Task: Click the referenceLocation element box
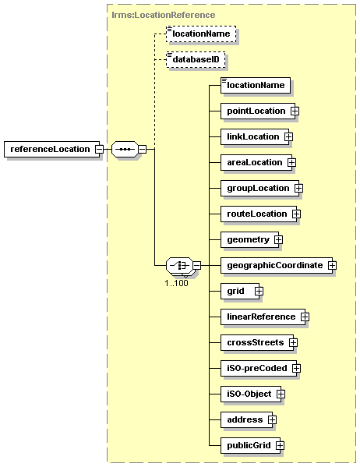(x=51, y=149)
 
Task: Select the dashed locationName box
(x=201, y=34)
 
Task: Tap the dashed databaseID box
(x=196, y=59)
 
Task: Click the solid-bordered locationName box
(x=256, y=86)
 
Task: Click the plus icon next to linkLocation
(x=288, y=136)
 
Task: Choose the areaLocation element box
(x=256, y=163)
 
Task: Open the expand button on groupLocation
(x=298, y=188)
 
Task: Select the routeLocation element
(x=259, y=214)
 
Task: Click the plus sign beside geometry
(x=278, y=240)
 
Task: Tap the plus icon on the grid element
(x=259, y=291)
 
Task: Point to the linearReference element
(x=263, y=317)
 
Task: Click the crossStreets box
(x=257, y=342)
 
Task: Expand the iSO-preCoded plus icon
(x=296, y=369)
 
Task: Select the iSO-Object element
(x=251, y=394)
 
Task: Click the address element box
(x=246, y=420)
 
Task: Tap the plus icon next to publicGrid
(x=281, y=445)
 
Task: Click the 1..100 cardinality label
(x=177, y=283)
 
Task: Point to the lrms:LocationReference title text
(x=164, y=15)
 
